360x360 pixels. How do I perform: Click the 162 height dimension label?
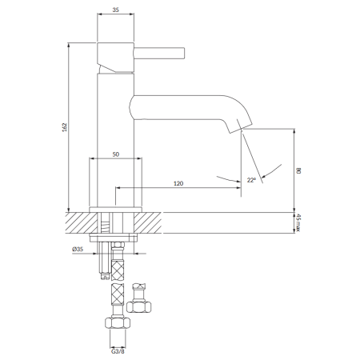(x=64, y=127)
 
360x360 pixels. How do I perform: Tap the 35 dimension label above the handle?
(x=115, y=10)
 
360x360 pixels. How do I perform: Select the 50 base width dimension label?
(x=116, y=154)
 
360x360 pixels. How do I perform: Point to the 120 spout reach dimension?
(x=178, y=183)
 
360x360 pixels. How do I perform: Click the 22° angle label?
(x=251, y=180)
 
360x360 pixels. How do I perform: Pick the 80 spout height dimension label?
(x=298, y=170)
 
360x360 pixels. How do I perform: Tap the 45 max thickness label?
(x=298, y=222)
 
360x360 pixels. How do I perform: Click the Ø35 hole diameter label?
(x=78, y=249)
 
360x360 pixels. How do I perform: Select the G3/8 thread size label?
(x=118, y=351)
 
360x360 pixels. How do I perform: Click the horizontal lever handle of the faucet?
(x=159, y=53)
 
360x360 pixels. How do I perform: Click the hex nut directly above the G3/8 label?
(x=118, y=322)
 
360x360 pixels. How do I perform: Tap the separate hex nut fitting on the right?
(x=139, y=306)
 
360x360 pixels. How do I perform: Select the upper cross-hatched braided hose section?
(x=118, y=270)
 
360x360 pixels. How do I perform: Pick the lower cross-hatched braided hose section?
(x=118, y=294)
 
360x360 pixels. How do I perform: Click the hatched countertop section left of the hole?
(x=82, y=223)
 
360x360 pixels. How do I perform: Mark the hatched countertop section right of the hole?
(x=148, y=223)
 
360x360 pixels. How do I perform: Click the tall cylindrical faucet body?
(x=115, y=140)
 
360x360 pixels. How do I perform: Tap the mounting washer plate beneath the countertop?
(x=114, y=238)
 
